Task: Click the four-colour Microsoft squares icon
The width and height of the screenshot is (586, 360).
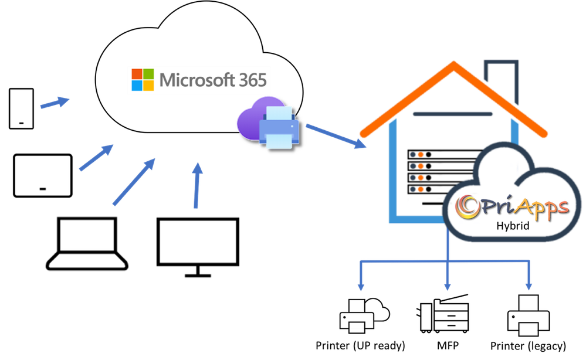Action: click(143, 80)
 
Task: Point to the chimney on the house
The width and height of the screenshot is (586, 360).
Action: click(501, 79)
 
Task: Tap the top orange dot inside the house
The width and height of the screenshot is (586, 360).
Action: click(421, 155)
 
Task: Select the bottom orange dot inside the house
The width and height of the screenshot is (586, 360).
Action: click(421, 189)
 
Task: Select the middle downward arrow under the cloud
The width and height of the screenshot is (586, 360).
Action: click(447, 276)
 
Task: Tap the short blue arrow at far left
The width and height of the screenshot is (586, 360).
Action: click(54, 103)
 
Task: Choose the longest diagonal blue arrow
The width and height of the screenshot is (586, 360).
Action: click(134, 181)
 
